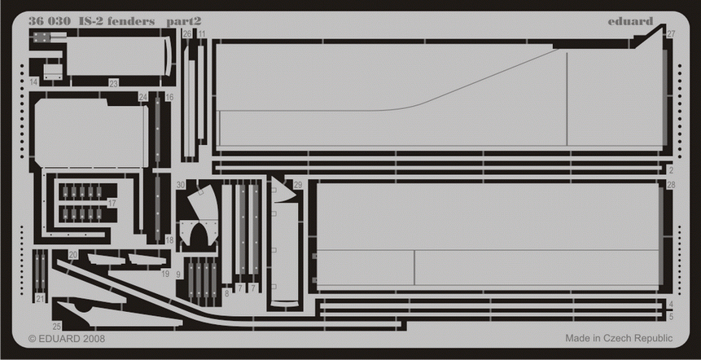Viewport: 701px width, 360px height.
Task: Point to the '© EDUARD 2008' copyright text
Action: point(67,337)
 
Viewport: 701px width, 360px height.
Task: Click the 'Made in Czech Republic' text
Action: point(619,337)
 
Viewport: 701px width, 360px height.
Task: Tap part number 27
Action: point(670,34)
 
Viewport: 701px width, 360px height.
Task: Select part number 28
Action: point(670,186)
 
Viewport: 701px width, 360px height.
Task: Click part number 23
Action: point(113,83)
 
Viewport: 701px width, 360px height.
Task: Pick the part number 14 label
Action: point(34,83)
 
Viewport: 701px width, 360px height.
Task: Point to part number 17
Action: point(112,203)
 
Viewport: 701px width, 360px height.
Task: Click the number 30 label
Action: point(181,186)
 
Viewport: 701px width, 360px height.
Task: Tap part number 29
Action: point(298,186)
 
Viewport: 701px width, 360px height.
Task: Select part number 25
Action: point(57,326)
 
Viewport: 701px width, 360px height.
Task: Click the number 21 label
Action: point(41,299)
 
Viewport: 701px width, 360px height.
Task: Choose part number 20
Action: point(73,255)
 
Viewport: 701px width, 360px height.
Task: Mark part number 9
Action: point(178,275)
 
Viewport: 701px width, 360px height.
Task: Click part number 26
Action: point(187,34)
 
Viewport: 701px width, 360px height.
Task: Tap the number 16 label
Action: point(169,97)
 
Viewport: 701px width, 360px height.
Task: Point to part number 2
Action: point(670,171)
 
